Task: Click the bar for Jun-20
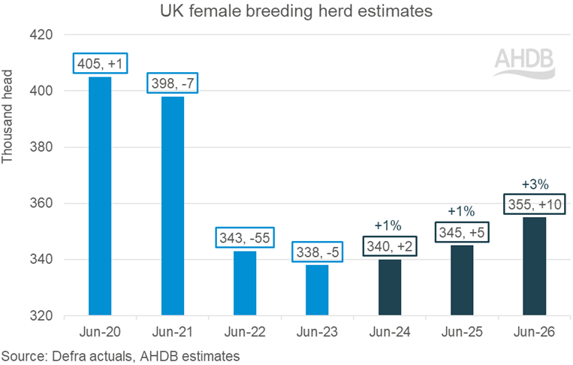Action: pyautogui.click(x=100, y=196)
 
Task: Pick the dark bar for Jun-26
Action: pyautogui.click(x=534, y=266)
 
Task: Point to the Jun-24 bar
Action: pyautogui.click(x=389, y=287)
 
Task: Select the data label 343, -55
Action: pyautogui.click(x=245, y=237)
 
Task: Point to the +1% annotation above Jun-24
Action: pyautogui.click(x=389, y=226)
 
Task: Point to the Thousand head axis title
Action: pyautogui.click(x=9, y=123)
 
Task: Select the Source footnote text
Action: pyautogui.click(x=120, y=354)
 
